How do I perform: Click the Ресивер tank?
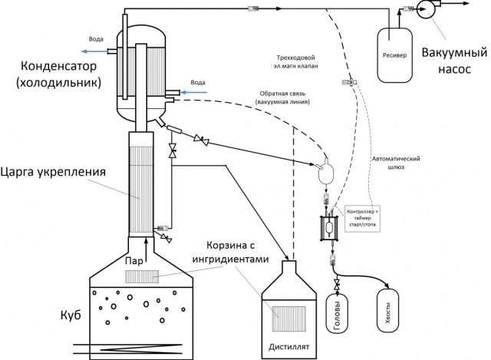tap(394, 55)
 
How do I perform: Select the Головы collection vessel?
tap(338, 314)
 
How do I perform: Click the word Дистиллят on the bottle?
tap(289, 347)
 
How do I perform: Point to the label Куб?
tap(71, 315)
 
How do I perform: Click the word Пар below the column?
tap(134, 261)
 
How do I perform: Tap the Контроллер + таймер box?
tap(362, 219)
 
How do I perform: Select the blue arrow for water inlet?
tap(194, 92)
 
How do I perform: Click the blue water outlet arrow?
tap(94, 51)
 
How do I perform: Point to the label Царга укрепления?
tap(53, 172)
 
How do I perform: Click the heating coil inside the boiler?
tap(128, 349)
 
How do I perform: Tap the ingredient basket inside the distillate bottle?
tap(289, 319)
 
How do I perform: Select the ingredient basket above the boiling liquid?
tap(142, 276)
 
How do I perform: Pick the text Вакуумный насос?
tap(454, 60)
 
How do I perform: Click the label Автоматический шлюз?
tap(396, 163)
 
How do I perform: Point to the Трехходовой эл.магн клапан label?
tap(295, 62)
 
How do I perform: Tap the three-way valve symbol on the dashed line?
tap(350, 82)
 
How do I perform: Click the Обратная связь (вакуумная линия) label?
tap(282, 97)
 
